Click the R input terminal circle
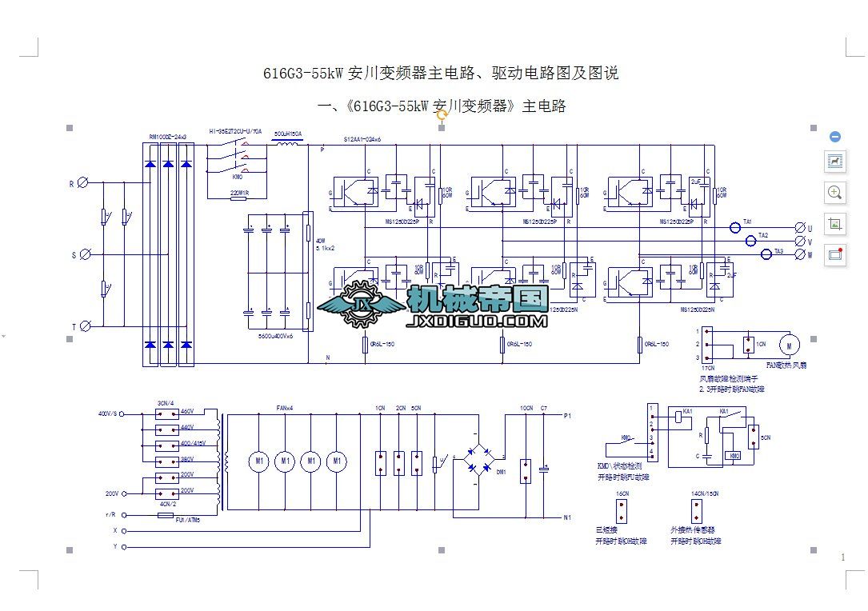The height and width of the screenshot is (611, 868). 82,183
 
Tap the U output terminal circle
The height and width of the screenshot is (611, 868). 800,228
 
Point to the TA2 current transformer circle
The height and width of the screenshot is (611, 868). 751,241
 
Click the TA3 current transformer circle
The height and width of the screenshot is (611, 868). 766,254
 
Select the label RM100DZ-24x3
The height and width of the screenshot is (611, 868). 168,137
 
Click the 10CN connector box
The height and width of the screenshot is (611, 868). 525,470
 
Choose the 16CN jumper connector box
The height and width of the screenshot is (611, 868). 621,512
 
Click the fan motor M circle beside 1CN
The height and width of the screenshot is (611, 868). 790,344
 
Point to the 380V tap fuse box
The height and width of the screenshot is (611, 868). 166,461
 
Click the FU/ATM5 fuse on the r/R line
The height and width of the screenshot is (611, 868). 166,516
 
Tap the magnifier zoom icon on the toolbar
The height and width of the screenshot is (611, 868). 835,192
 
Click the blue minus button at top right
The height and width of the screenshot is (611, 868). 835,137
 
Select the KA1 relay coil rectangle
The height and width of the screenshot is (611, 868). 682,416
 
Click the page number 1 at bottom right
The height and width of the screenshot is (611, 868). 843,557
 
